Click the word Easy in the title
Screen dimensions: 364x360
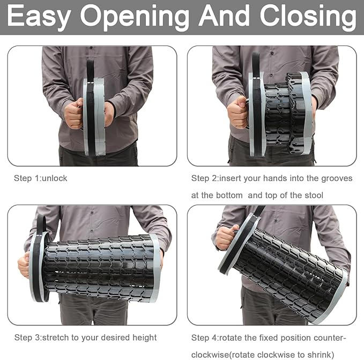click(39, 16)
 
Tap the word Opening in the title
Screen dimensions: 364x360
click(135, 17)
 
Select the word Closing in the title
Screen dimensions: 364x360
click(308, 17)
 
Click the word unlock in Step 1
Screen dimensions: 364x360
click(55, 178)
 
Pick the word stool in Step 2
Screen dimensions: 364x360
click(314, 196)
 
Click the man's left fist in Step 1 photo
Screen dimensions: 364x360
click(74, 114)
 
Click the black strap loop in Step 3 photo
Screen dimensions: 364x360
click(41, 224)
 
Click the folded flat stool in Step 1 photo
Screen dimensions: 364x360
click(94, 116)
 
